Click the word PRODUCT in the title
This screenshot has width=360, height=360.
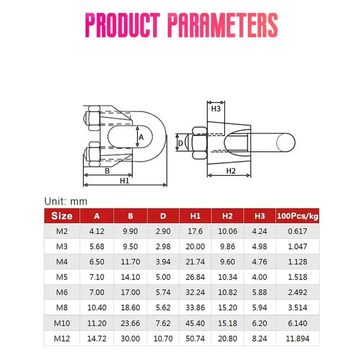(122, 25)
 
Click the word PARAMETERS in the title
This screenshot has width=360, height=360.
(223, 25)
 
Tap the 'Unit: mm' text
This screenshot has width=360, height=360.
(66, 201)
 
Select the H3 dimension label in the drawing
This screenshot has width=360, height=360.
(216, 108)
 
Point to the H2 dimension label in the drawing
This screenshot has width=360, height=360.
(231, 171)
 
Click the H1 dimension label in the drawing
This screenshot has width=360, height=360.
(125, 181)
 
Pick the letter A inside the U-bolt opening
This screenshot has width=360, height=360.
(141, 137)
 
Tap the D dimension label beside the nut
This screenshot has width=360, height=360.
(180, 143)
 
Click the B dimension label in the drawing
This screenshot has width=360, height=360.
(107, 171)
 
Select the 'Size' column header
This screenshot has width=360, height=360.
(62, 216)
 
